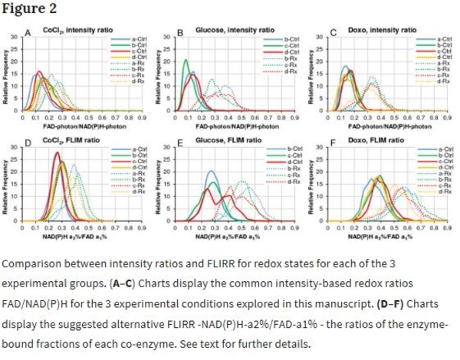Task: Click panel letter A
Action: pos(28,32)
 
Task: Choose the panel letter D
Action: pos(28,143)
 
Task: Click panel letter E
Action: pos(179,143)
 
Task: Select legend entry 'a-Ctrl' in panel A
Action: pos(141,37)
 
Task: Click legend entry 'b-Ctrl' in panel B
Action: pos(292,37)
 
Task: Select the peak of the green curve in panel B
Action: pos(186,60)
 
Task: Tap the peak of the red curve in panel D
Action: pos(57,152)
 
